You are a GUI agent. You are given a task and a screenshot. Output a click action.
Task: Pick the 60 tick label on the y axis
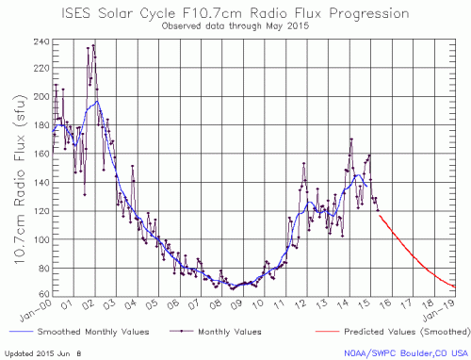(41, 296)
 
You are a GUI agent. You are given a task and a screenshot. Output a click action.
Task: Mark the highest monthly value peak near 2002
(92, 44)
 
